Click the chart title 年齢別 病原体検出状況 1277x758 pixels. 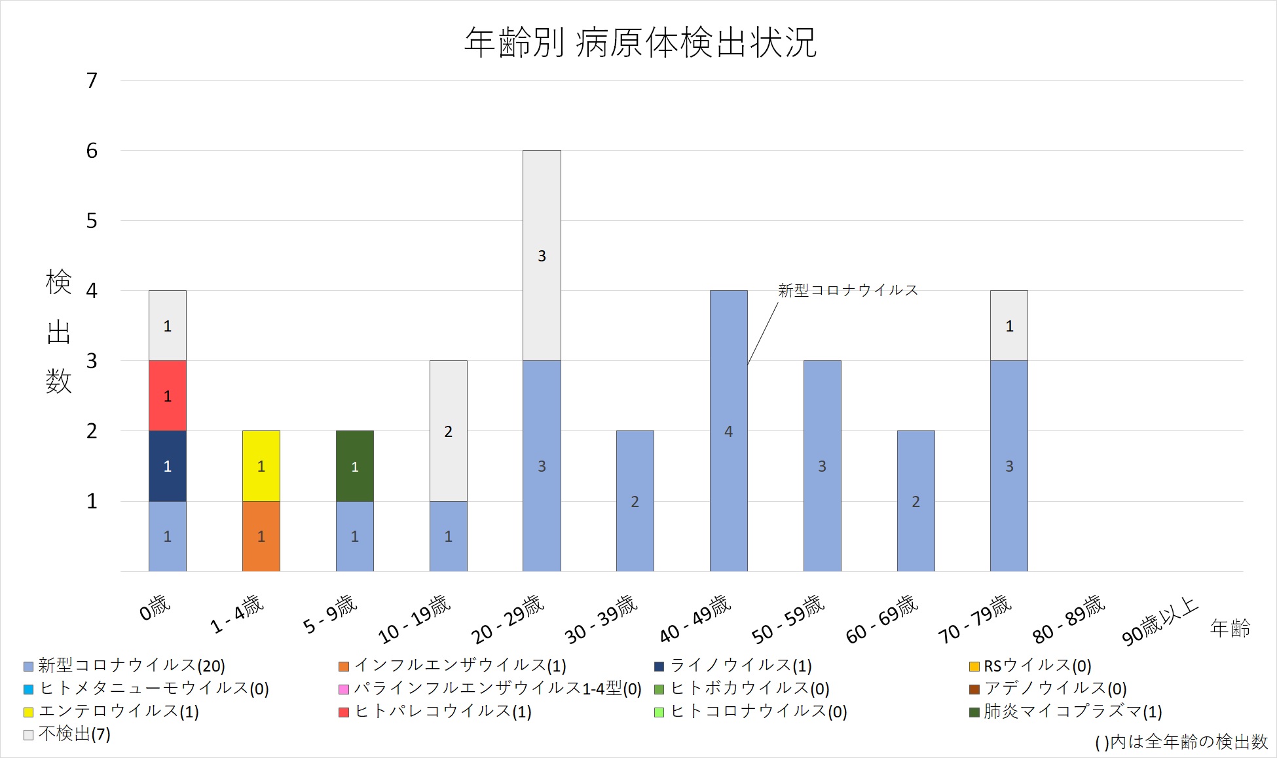click(640, 43)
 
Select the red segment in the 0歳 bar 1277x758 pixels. click(168, 396)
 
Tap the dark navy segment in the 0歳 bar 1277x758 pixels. click(168, 466)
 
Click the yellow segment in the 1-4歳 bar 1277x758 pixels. click(261, 466)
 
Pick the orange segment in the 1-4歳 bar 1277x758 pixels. click(261, 536)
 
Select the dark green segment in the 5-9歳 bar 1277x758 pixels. click(355, 466)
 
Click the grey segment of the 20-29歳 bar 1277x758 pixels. click(542, 256)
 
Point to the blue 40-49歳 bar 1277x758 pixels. click(729, 431)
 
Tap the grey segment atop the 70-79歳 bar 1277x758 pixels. click(1009, 326)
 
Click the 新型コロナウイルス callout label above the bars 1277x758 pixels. click(848, 290)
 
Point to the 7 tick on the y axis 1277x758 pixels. click(92, 81)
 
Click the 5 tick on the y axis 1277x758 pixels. click(92, 221)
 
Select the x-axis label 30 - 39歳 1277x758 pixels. click(601, 619)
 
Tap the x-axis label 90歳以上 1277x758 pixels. click(1160, 621)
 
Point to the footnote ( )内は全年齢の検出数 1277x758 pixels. click(1181, 742)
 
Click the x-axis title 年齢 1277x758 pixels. click(1230, 628)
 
